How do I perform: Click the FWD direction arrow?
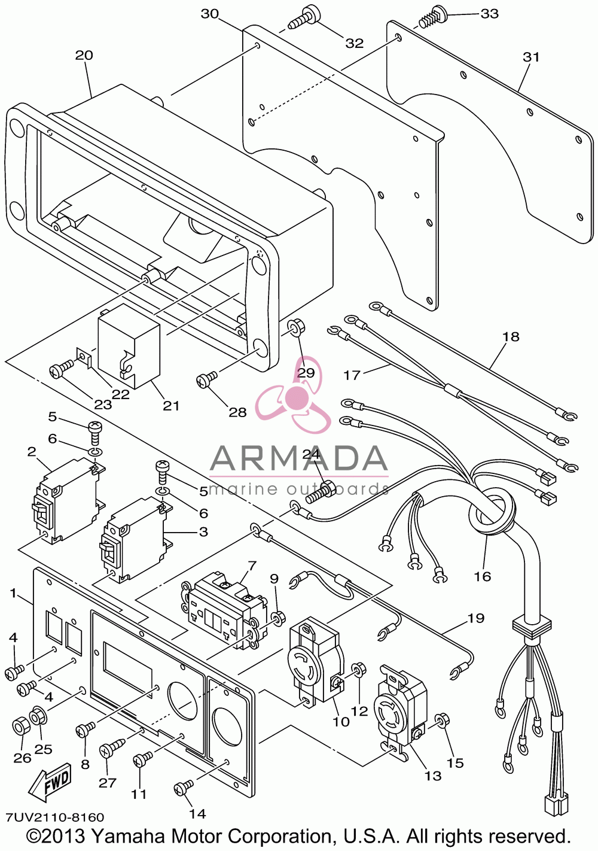[x=50, y=782]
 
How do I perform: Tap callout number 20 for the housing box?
[x=84, y=56]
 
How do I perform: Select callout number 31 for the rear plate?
[x=531, y=57]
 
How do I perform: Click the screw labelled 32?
[x=304, y=17]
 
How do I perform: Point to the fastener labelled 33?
[x=434, y=18]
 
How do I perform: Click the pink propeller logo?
[x=295, y=396]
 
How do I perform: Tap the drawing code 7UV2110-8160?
[x=54, y=817]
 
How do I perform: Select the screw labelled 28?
[x=206, y=379]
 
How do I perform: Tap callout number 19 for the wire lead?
[x=476, y=618]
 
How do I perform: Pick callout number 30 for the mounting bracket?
[x=210, y=14]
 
